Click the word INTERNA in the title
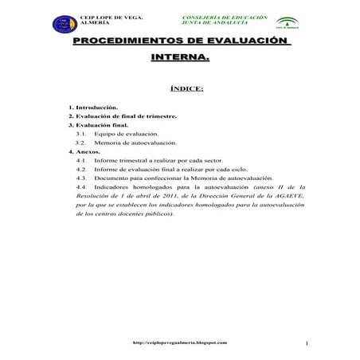(x=180, y=58)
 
